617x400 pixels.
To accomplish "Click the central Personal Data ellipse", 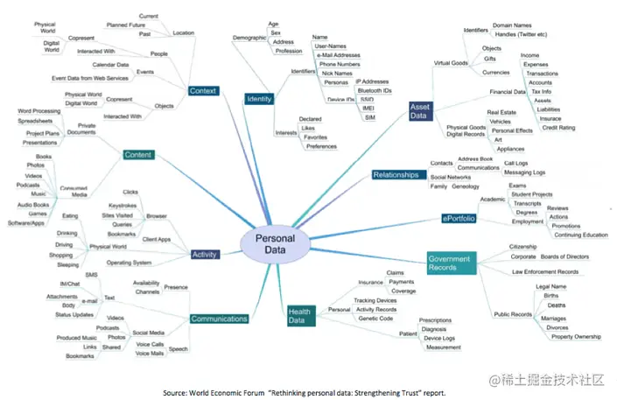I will pyautogui.click(x=275, y=244).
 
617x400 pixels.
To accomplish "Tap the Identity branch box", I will pyautogui.click(x=258, y=99).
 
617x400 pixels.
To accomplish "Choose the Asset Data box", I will pyautogui.click(x=420, y=111).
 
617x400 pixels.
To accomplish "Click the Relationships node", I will pyautogui.click(x=396, y=175).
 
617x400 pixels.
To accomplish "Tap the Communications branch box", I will pyautogui.click(x=219, y=319).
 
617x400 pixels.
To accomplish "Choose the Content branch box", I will pyautogui.click(x=138, y=155).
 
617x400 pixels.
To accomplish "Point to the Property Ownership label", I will pyautogui.click(x=576, y=337).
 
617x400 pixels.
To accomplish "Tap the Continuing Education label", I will pyautogui.click(x=579, y=235).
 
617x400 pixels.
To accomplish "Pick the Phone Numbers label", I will pyautogui.click(x=340, y=64).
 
